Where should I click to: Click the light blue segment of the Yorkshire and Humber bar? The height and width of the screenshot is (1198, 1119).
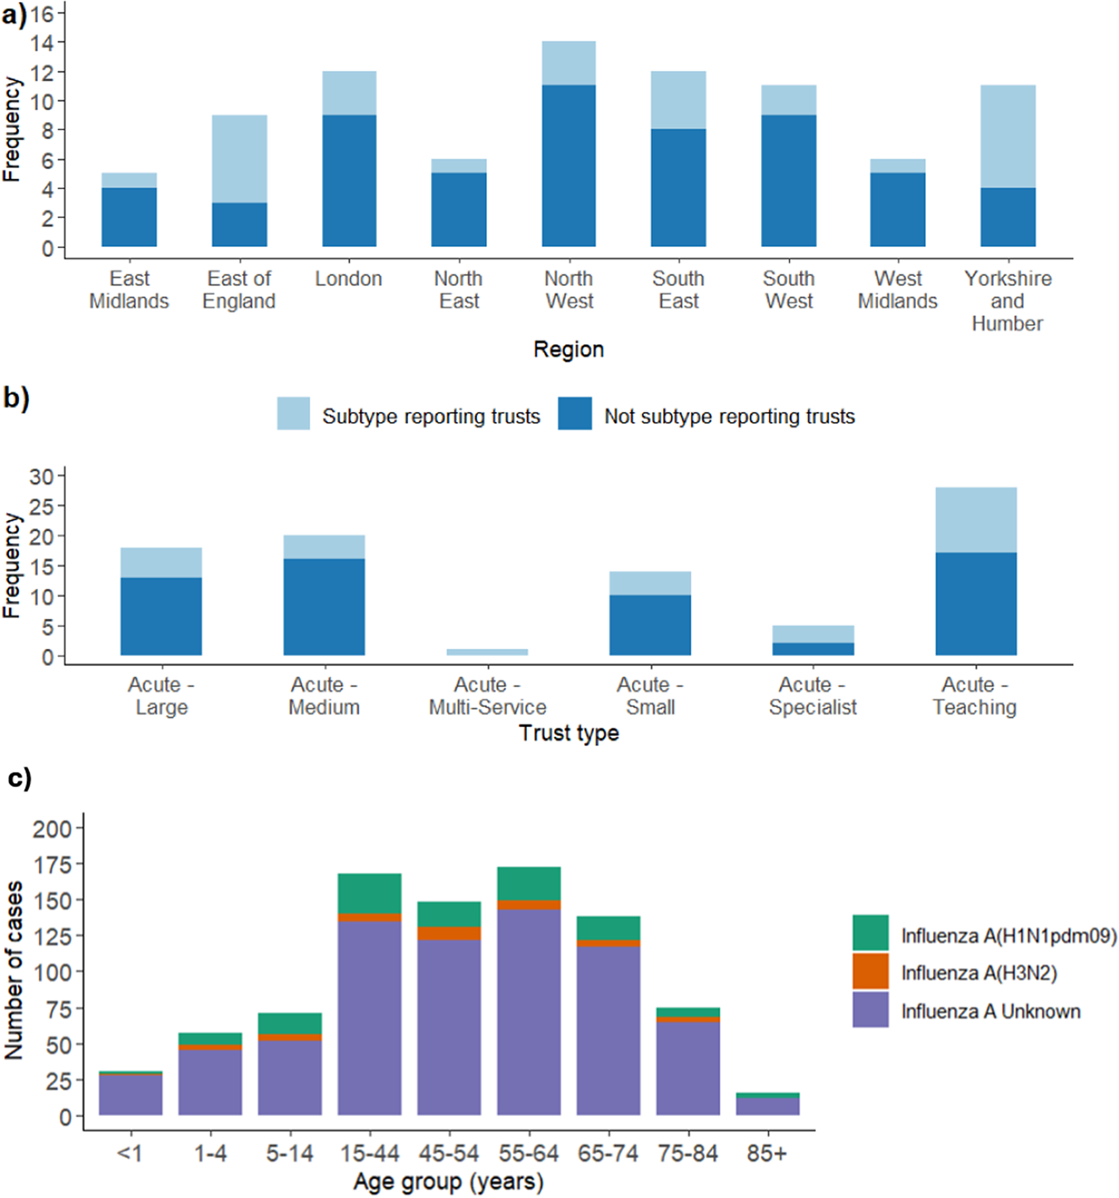click(x=1007, y=137)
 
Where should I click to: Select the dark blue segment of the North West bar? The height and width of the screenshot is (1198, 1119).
click(x=568, y=166)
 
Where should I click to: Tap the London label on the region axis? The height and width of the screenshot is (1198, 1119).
click(x=348, y=278)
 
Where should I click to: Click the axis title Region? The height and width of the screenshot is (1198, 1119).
click(x=568, y=349)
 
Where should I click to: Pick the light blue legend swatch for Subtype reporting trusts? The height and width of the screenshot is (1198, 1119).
click(x=293, y=414)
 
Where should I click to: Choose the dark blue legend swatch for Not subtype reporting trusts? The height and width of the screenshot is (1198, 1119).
click(x=574, y=414)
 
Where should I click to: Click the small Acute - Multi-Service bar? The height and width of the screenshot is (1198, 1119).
click(x=487, y=652)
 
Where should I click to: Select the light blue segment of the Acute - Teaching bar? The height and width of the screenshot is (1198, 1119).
click(x=976, y=520)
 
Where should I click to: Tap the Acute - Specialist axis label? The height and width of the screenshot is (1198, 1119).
click(x=813, y=696)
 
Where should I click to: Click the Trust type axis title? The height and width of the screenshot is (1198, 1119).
click(x=568, y=733)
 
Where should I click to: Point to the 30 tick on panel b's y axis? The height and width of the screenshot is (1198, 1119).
click(x=41, y=476)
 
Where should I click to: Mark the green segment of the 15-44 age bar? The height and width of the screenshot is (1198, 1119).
click(x=369, y=893)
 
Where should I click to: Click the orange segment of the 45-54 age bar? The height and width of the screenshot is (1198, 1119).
click(x=449, y=933)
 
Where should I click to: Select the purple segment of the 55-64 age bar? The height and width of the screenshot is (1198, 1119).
click(x=528, y=1011)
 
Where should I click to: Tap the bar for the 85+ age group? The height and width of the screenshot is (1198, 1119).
click(x=767, y=1105)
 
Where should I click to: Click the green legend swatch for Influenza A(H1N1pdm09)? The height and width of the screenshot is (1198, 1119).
click(x=870, y=933)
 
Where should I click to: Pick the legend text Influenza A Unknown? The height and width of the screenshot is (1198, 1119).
click(x=990, y=1011)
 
